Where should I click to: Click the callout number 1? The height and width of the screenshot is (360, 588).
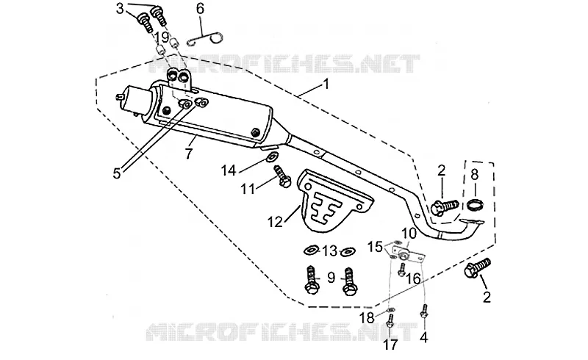pos(326,84)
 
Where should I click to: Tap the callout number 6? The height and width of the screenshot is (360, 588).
pos(201,8)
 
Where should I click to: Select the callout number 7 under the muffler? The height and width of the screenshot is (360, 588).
pos(189,154)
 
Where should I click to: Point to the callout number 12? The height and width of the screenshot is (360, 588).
pos(275,222)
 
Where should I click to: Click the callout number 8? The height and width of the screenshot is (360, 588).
pos(475,174)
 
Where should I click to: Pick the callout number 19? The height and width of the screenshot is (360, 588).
pos(162,37)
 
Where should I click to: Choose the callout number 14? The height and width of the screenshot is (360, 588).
pos(228,170)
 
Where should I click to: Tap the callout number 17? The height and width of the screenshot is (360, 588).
pos(390,345)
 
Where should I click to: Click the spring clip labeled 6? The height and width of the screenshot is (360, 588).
pos(206,38)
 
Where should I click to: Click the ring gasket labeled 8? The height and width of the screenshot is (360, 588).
pos(475,205)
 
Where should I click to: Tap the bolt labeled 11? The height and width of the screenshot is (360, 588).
pos(282,176)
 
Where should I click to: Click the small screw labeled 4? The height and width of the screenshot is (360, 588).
pos(424,312)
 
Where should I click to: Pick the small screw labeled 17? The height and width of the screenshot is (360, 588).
pos(390,322)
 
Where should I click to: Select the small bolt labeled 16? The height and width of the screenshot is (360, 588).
pos(401,269)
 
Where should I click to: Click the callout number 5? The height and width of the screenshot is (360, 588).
pos(118,173)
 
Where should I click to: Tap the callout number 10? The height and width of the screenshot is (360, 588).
pos(409,234)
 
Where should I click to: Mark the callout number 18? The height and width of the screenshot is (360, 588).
pos(367,318)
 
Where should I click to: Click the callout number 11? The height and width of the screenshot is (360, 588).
pos(248,189)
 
